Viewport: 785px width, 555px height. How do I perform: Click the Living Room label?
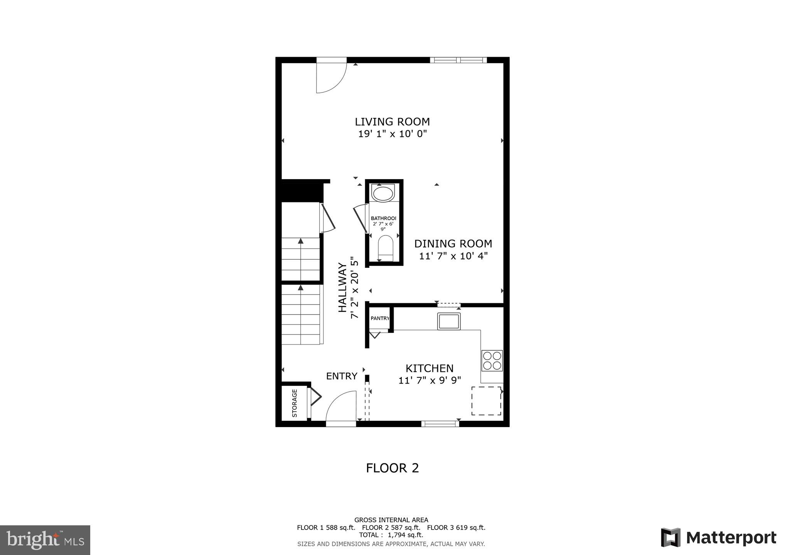click(392, 122)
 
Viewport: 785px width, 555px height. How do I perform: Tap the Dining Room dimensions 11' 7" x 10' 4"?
click(453, 256)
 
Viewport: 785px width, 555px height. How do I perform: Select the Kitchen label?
click(429, 368)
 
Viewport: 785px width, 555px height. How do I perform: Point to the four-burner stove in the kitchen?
click(492, 361)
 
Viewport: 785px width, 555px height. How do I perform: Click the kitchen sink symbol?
click(449, 321)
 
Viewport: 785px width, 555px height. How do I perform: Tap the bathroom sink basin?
click(383, 193)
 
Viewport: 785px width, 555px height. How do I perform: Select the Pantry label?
click(380, 318)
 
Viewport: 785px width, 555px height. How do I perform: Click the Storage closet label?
click(295, 403)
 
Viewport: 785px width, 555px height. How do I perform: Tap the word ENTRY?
click(342, 376)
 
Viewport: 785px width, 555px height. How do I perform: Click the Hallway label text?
click(342, 287)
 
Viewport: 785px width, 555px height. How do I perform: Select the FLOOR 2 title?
click(392, 468)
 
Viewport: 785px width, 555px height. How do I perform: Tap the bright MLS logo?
click(45, 540)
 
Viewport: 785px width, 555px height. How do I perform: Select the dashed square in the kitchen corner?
click(486, 401)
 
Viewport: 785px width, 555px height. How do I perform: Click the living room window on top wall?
click(458, 60)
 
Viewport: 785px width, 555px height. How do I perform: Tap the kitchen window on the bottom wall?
click(440, 424)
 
